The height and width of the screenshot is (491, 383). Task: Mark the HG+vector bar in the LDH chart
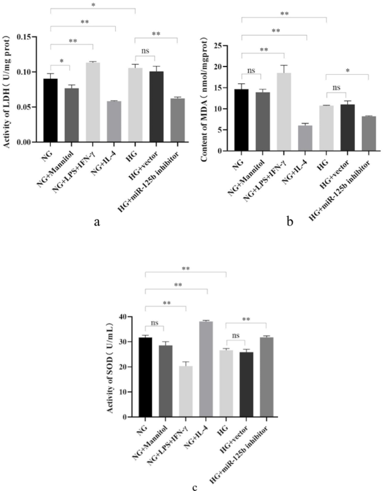[x=157, y=107]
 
